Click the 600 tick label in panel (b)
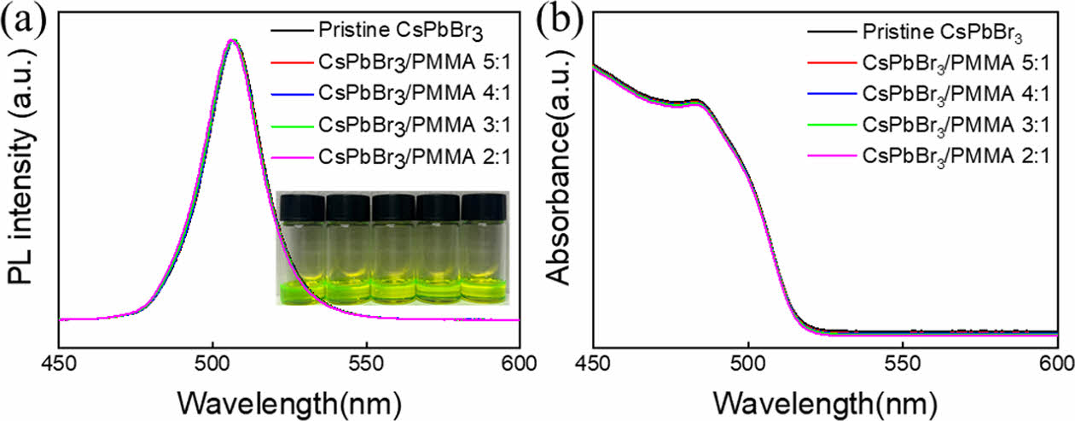click(1056, 360)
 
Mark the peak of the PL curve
click(230, 40)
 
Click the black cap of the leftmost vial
click(302, 204)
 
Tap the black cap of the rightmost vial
click(484, 204)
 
